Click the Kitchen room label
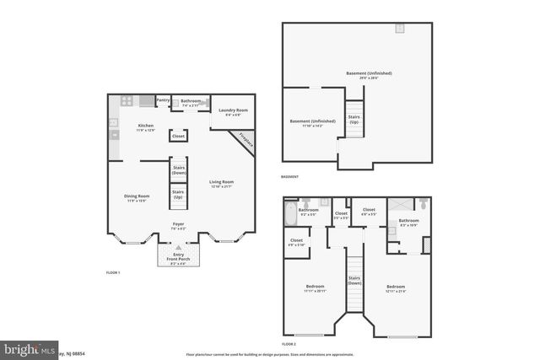pos(146,128)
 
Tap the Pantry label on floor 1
pos(163,100)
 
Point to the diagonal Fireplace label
pos(246,140)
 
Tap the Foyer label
pos(178,226)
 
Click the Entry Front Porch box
pos(178,255)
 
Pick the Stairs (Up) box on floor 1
pos(178,195)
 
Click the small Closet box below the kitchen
pos(178,136)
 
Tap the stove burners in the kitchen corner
pos(127,101)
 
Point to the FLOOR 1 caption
pos(113,272)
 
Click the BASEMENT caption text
pos(290,176)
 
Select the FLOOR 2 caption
pos(289,344)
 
